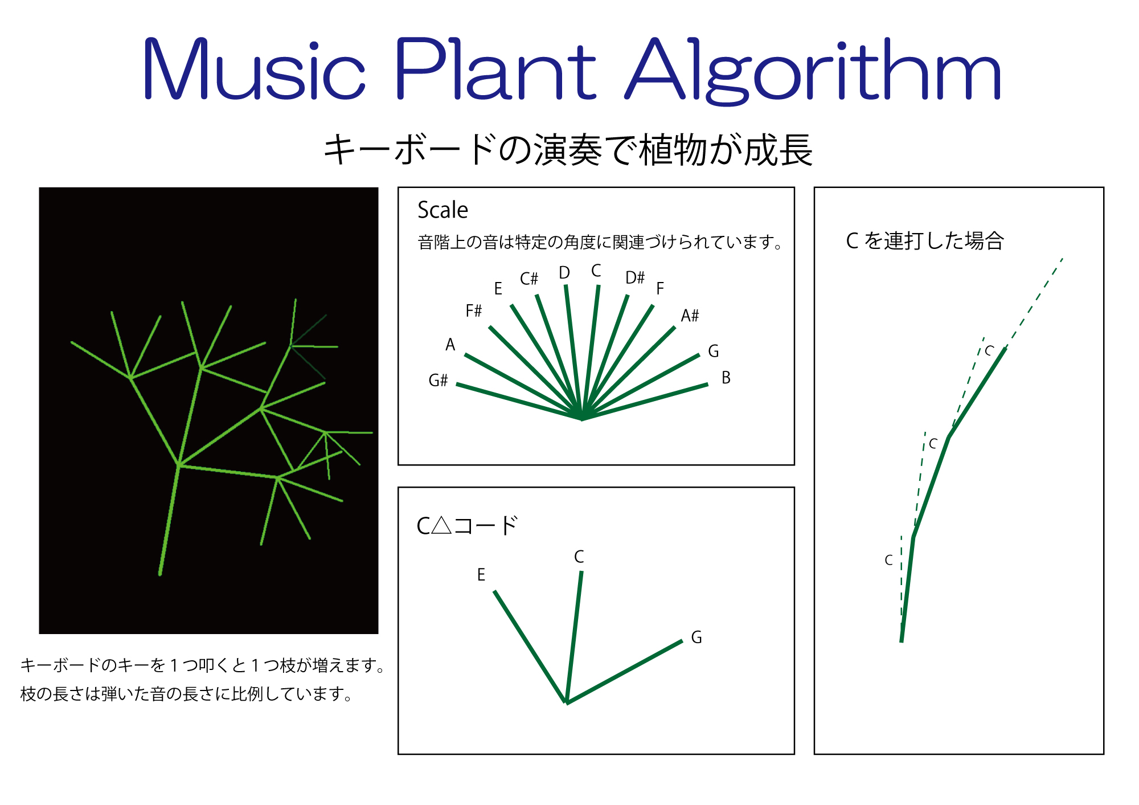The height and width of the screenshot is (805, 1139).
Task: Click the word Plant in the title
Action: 495,68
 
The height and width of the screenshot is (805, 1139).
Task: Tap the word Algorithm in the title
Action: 813,71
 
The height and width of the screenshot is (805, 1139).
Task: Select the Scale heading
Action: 443,210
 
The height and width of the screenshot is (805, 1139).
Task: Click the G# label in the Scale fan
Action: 438,380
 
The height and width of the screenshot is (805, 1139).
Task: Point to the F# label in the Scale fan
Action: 473,310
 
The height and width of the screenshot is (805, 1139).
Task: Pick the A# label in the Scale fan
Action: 690,315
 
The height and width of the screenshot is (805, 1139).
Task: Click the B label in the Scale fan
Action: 726,378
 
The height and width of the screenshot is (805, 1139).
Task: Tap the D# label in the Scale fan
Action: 635,277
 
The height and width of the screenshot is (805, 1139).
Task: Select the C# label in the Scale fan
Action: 528,279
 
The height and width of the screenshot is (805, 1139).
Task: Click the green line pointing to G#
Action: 519,402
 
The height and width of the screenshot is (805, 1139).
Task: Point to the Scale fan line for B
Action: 645,402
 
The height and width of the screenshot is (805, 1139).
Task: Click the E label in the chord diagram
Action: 481,574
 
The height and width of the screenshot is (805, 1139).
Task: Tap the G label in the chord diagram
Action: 696,638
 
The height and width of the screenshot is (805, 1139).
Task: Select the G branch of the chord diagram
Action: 624,672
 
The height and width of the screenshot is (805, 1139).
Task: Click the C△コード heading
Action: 467,525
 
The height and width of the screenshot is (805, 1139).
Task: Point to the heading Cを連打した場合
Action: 925,240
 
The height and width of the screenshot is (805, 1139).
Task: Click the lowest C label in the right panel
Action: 888,561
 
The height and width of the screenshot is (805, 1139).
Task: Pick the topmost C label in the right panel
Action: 989,351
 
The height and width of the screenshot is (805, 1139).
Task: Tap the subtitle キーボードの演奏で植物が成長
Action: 568,150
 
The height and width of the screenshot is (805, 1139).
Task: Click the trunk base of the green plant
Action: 160,574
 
